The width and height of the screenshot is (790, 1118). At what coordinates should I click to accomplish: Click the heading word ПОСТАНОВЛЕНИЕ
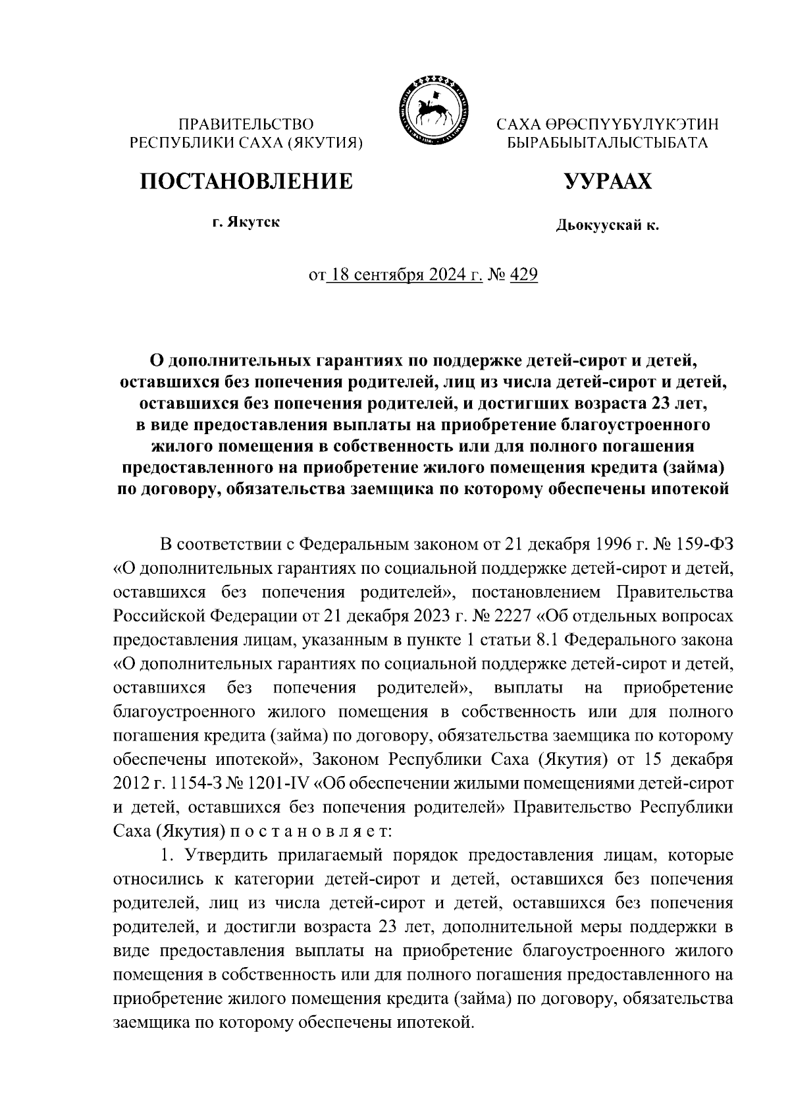(246, 181)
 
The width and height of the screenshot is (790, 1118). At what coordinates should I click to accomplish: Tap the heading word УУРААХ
(608, 181)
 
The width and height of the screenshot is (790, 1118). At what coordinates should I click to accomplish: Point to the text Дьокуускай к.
(608, 227)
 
